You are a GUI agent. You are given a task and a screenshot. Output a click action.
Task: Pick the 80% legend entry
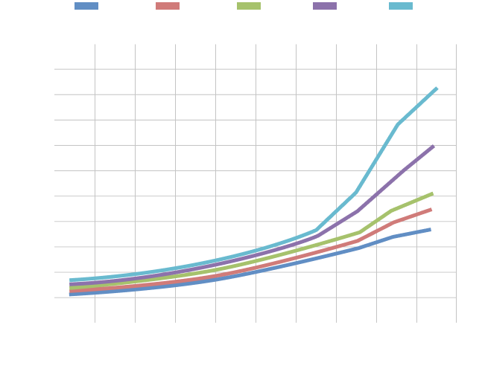pos(266,7)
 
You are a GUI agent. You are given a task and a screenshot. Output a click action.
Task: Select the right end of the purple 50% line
pos(433,146)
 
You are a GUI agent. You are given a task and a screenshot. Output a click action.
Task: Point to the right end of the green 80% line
pos(432,193)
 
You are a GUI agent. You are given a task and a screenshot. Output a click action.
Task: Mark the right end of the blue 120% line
pos(430,229)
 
